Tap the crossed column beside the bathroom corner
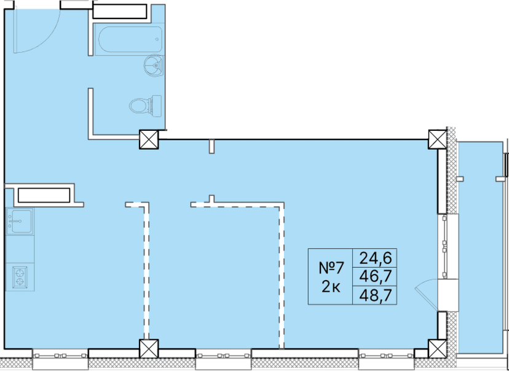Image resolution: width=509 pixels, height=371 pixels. pyautogui.click(x=149, y=140)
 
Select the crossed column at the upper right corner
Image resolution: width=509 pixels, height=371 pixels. pyautogui.click(x=437, y=139)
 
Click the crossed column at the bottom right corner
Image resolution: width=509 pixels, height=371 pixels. pyautogui.click(x=437, y=349)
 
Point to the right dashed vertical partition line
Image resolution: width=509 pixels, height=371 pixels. pyautogui.click(x=282, y=276)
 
